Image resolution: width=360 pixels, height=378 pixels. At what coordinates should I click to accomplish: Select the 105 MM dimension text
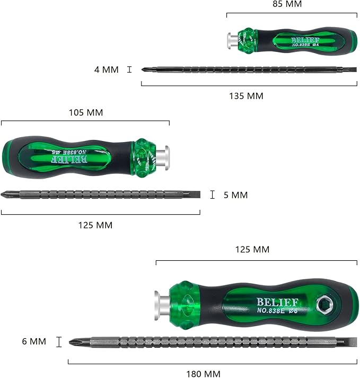85,112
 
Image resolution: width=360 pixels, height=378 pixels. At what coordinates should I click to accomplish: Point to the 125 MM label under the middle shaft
96,225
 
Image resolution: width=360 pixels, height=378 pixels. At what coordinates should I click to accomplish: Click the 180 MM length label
203,374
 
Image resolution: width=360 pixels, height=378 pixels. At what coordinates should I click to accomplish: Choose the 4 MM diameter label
106,69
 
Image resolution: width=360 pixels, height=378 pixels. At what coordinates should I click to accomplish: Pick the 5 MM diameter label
235,195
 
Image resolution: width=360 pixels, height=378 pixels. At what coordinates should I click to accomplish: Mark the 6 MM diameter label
34,342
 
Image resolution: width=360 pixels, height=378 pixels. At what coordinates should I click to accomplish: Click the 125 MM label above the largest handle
253,249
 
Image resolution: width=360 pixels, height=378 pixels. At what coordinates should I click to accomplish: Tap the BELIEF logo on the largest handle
277,302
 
